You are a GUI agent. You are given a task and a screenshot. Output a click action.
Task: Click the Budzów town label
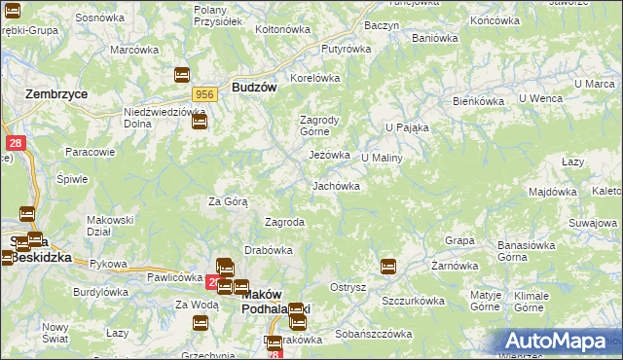255,87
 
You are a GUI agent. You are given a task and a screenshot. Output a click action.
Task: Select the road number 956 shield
204,94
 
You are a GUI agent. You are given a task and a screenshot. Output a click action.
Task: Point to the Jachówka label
336,185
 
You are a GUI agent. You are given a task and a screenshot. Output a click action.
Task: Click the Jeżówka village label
329,155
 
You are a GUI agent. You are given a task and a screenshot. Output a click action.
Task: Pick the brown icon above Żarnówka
388,266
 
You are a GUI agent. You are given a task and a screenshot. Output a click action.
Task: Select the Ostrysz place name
348,287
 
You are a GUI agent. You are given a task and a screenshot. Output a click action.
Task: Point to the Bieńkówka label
477,101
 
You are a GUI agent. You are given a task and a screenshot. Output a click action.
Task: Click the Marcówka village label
134,50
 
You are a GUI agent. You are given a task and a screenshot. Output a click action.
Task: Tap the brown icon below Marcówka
182,75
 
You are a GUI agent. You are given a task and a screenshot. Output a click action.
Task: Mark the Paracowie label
91,152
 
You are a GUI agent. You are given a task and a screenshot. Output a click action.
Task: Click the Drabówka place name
269,250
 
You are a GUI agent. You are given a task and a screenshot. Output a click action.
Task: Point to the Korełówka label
314,78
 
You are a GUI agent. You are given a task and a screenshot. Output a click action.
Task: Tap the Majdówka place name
553,192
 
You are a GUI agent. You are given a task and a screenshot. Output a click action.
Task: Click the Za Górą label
228,201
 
